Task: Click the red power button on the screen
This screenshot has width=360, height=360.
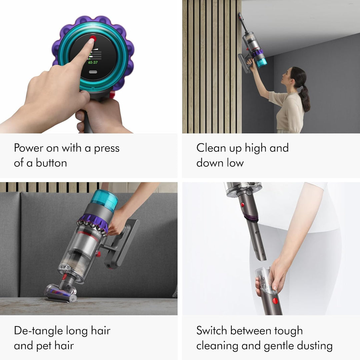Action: coord(93,39)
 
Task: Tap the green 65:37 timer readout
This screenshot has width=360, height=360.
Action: coord(93,62)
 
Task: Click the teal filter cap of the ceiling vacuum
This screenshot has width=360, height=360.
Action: coord(261,62)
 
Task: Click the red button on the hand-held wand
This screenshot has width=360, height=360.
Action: coord(275,301)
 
